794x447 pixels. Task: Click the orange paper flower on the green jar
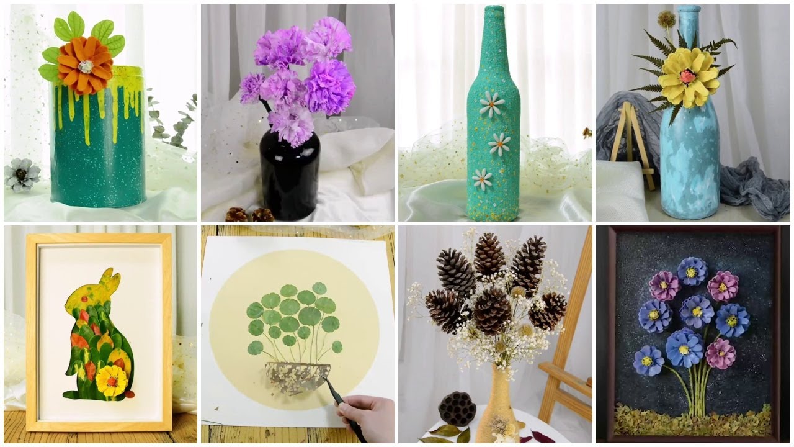[x=85, y=65]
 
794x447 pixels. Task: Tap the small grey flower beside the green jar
[x=22, y=174]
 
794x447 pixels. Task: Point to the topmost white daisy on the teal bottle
[x=491, y=104]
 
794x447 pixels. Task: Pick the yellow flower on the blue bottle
[x=688, y=77]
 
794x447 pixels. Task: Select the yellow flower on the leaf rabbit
[x=112, y=379]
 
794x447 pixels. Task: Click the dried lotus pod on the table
[x=457, y=408]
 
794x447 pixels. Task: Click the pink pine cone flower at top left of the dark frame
[x=664, y=286]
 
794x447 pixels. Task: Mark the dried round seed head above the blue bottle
[x=666, y=19]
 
